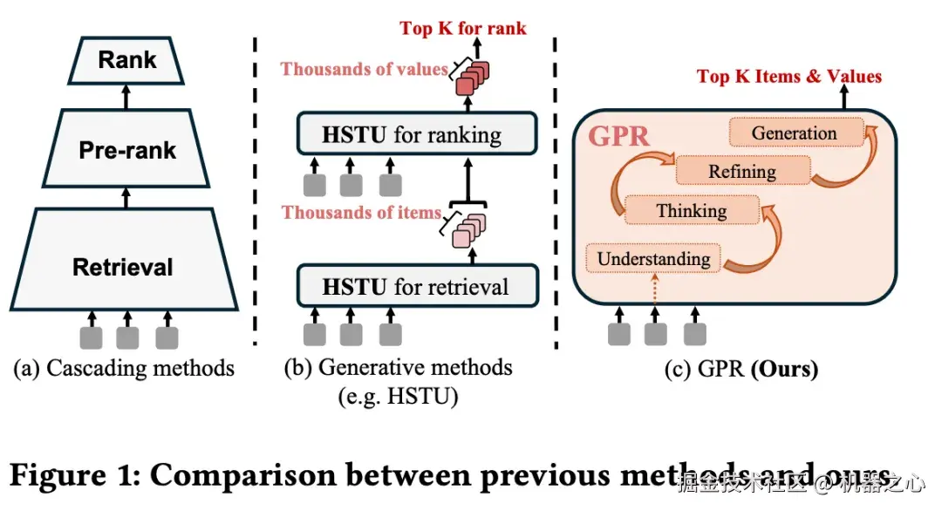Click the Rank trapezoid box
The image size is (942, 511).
127,60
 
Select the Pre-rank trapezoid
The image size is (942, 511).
127,149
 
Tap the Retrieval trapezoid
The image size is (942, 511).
123,266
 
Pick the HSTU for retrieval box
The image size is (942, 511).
414,287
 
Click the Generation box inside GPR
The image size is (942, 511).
794,133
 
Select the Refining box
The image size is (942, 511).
741,172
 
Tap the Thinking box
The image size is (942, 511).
691,210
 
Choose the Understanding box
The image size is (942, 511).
653,259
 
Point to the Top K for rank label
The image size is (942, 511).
463,28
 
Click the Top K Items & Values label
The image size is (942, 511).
788,77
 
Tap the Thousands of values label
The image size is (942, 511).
364,68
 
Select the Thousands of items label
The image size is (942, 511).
361,212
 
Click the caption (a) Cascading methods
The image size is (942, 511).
124,368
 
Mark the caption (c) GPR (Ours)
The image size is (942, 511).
741,369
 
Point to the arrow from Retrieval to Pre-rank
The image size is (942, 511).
127,197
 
